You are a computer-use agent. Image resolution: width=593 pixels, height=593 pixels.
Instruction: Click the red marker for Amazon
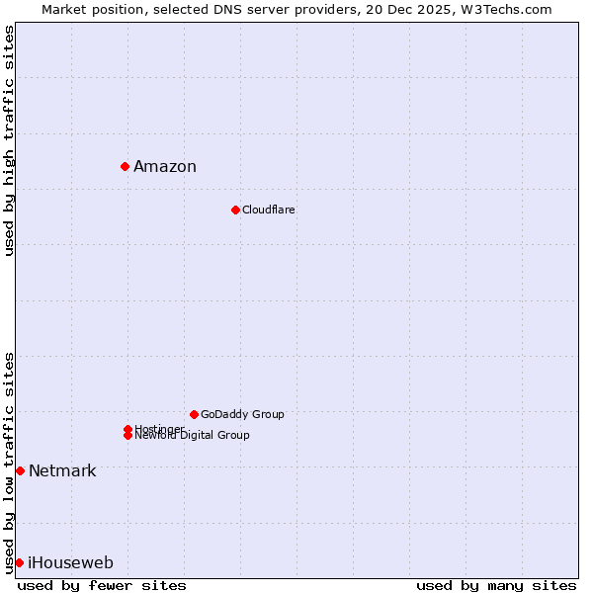(126, 166)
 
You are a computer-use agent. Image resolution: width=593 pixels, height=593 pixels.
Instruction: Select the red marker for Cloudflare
(235, 210)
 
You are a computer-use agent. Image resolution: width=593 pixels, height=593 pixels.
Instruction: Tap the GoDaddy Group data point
(194, 414)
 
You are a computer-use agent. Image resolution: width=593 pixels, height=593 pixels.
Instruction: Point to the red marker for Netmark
(20, 470)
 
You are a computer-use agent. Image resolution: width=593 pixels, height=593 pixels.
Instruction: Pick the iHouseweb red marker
(19, 562)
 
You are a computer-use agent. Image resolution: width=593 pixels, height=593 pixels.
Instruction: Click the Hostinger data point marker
(127, 429)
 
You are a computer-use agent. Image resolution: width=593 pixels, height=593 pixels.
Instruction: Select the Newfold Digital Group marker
(127, 436)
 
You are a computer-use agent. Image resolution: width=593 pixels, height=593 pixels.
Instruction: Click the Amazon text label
(165, 166)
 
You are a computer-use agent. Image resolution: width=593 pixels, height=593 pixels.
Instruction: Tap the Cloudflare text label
(269, 210)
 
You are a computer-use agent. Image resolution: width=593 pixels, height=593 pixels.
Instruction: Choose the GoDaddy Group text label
(242, 414)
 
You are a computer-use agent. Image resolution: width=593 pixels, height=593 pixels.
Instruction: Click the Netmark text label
(62, 470)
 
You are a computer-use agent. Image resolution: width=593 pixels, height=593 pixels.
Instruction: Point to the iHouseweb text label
(70, 562)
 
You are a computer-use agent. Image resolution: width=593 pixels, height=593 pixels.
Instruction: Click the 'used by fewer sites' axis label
(102, 585)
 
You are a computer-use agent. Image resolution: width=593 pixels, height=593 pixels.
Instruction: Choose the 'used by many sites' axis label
(496, 585)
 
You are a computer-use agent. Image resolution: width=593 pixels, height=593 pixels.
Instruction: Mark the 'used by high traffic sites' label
(9, 140)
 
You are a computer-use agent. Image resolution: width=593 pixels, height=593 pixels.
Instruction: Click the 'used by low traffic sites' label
(9, 462)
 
